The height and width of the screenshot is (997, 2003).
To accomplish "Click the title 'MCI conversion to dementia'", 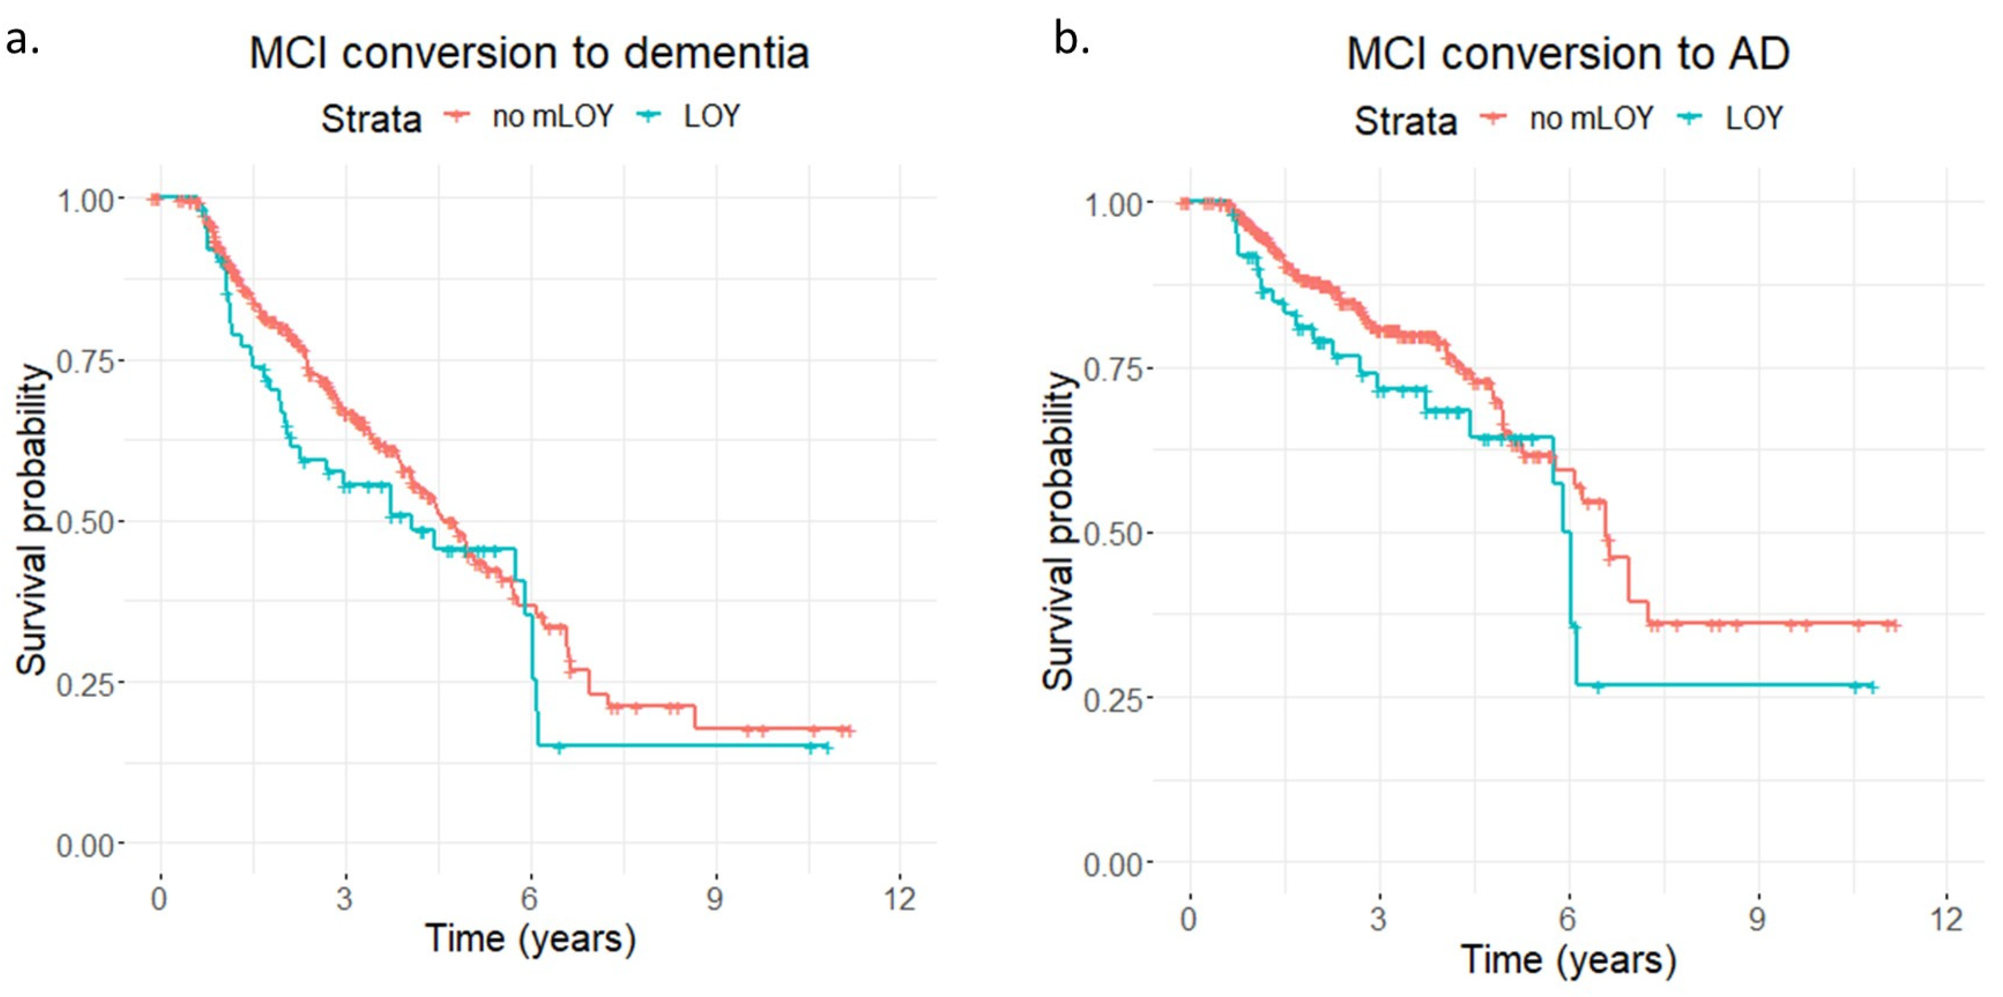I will pos(529,53).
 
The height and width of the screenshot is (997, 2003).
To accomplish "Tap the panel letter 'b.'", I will pos(1071,39).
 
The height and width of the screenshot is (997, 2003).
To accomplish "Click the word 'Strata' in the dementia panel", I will pos(372,119).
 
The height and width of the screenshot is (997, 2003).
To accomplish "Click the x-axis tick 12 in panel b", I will pos(1946,919).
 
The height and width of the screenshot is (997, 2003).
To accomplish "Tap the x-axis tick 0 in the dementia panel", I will pos(160,899).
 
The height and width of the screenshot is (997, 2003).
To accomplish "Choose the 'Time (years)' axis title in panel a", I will pos(530,938).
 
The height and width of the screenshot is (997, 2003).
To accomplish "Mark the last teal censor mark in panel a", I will pos(827,747).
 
